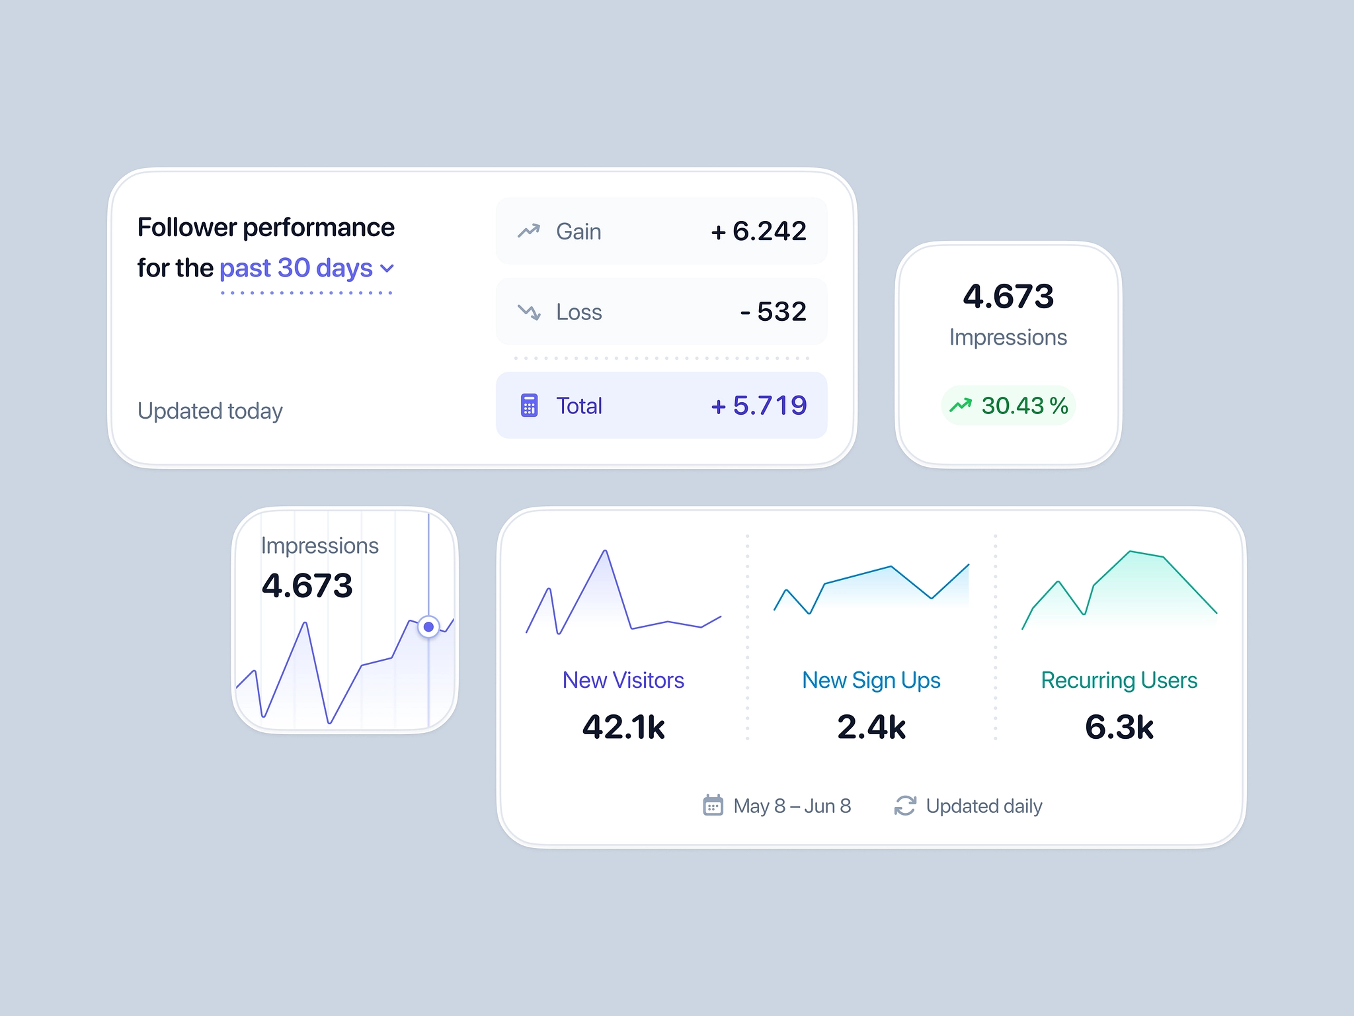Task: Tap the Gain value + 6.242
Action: pyautogui.click(x=758, y=232)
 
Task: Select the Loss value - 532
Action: pyautogui.click(x=773, y=312)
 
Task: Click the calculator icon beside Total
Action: pyautogui.click(x=529, y=405)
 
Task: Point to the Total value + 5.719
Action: pyautogui.click(x=758, y=405)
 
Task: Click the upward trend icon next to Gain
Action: pyautogui.click(x=529, y=231)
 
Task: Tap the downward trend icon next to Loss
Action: pyautogui.click(x=529, y=312)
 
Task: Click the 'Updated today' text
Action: pyautogui.click(x=210, y=411)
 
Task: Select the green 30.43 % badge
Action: pyautogui.click(x=1008, y=405)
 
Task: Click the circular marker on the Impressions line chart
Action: pyautogui.click(x=428, y=626)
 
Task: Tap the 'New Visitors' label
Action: pyautogui.click(x=623, y=680)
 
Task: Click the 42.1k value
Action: pyautogui.click(x=623, y=727)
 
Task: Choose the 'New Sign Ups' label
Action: pyautogui.click(x=871, y=680)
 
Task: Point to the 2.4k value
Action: pyautogui.click(x=871, y=727)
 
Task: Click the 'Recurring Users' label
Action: pyautogui.click(x=1119, y=680)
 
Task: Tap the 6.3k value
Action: pyautogui.click(x=1119, y=727)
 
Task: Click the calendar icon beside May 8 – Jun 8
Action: pyautogui.click(x=713, y=806)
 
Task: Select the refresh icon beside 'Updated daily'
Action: pyautogui.click(x=905, y=806)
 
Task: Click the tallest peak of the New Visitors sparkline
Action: pyautogui.click(x=605, y=552)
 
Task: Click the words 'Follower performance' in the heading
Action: pyautogui.click(x=266, y=228)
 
